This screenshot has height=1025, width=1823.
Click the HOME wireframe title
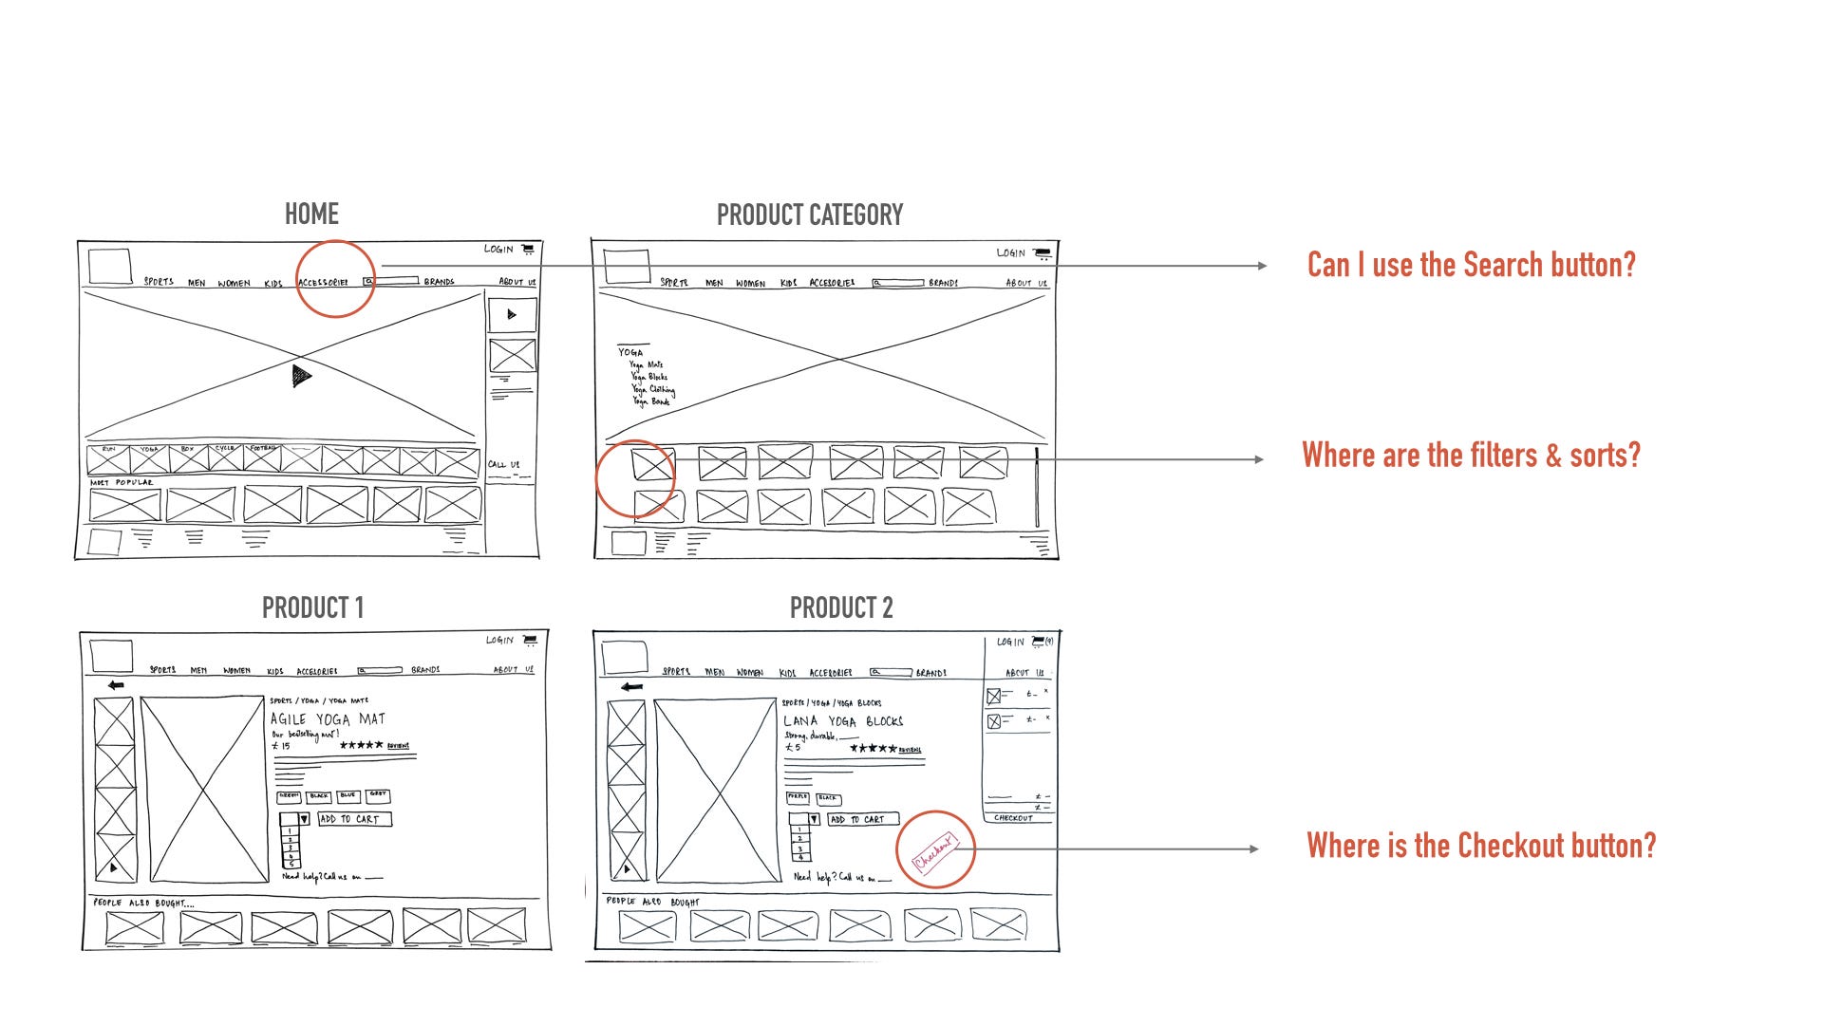[x=311, y=214]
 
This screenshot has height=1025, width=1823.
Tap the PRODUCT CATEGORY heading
[x=809, y=215]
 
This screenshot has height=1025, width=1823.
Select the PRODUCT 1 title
[x=312, y=607]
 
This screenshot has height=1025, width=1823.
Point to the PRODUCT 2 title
[x=841, y=607]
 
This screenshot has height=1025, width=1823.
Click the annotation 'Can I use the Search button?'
[x=1471, y=265]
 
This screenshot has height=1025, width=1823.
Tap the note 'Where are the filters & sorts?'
[x=1471, y=456]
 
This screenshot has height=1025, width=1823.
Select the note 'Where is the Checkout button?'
[x=1480, y=846]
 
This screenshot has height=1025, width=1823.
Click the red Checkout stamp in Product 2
[x=934, y=850]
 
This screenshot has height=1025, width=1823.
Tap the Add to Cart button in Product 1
[x=354, y=819]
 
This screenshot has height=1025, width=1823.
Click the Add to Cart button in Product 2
[x=862, y=819]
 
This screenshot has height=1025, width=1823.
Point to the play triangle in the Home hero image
[x=301, y=377]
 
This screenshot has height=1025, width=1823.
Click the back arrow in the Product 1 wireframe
[x=116, y=685]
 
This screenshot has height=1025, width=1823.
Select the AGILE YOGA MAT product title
[x=328, y=719]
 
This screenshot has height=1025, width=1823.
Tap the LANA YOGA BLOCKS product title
[x=842, y=721]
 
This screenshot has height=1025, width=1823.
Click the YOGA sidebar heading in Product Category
[x=630, y=352]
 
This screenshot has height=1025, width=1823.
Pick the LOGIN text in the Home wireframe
[x=498, y=250]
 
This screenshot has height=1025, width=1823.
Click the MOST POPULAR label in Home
[x=122, y=483]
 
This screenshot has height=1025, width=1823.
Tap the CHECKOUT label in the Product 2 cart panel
[x=1013, y=818]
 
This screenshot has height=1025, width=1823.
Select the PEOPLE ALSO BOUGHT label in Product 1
[x=142, y=903]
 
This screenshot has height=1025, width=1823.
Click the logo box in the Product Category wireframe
[x=627, y=267]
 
